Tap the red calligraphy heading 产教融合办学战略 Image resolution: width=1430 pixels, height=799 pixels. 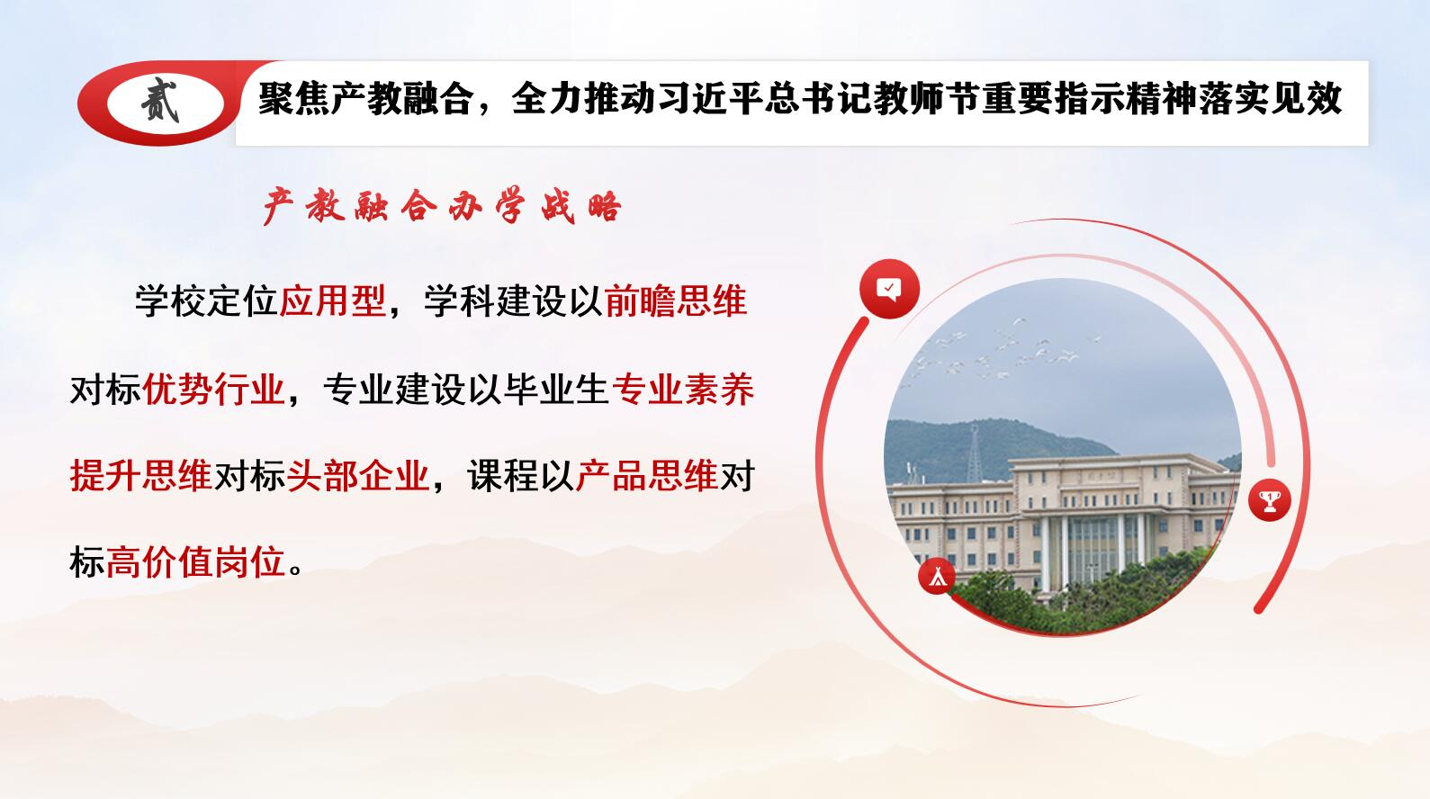tap(443, 206)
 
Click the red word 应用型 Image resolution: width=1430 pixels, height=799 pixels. tap(333, 301)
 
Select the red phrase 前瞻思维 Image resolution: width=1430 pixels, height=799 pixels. tap(676, 301)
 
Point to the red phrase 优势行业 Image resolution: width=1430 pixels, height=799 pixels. tap(213, 389)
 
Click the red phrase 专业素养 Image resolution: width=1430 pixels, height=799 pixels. tap(683, 389)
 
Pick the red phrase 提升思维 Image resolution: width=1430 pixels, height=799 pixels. tap(141, 475)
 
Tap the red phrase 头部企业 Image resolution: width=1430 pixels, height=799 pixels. tap(357, 475)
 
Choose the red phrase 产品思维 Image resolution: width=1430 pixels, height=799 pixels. tap(647, 475)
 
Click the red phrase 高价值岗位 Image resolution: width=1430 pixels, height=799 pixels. tap(195, 562)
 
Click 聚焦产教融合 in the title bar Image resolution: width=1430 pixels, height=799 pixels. tap(366, 99)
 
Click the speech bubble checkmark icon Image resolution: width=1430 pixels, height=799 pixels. tap(889, 289)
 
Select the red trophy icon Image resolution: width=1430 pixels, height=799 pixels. tap(1270, 500)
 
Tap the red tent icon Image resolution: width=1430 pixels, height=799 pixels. tap(937, 576)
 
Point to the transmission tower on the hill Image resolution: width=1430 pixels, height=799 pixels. tap(975, 453)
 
